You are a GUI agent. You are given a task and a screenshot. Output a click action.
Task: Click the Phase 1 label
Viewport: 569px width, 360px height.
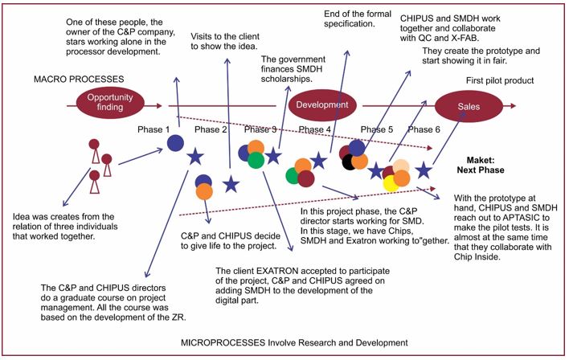click(x=154, y=129)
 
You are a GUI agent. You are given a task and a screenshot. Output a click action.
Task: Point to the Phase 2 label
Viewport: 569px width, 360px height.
click(x=211, y=129)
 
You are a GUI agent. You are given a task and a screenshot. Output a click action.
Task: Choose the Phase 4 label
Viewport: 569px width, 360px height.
click(x=314, y=129)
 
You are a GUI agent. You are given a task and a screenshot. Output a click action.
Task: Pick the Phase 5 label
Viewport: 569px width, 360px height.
click(x=377, y=129)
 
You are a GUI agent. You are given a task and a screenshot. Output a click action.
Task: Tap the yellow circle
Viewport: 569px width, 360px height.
click(x=391, y=184)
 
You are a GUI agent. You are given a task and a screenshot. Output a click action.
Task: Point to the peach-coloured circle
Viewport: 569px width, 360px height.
click(x=400, y=167)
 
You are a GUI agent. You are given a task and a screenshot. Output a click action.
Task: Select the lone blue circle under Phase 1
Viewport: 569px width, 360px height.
click(x=175, y=143)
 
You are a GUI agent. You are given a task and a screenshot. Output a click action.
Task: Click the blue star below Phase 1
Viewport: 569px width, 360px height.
click(x=194, y=157)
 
